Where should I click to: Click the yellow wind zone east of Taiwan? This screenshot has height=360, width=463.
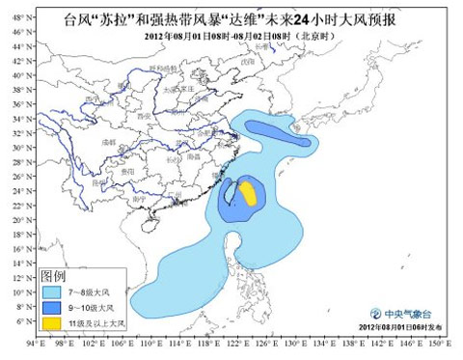tap(247, 192)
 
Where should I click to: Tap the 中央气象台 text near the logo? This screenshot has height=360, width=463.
tap(409, 313)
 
